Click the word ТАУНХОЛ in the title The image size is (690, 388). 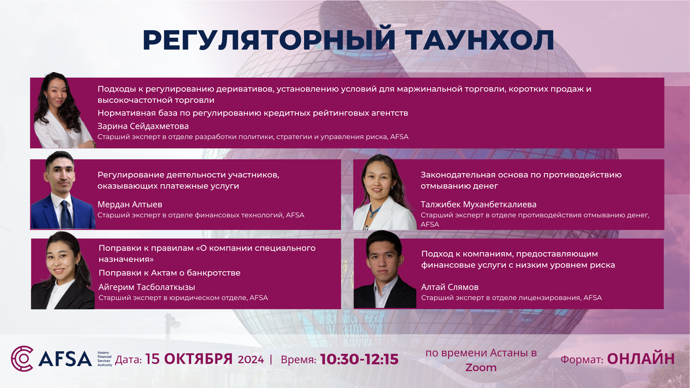480,40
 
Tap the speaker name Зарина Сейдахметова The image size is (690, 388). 143,126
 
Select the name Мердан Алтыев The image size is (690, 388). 130,204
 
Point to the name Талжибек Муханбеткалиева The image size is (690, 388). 478,204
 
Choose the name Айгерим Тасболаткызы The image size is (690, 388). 147,287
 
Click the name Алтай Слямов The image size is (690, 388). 450,287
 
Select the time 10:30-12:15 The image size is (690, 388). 359,359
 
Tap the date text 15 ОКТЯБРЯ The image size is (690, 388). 189,359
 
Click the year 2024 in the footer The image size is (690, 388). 251,360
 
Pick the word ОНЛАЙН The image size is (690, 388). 641,359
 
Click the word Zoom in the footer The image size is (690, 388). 481,368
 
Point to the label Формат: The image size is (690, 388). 582,360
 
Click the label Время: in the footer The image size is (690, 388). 298,360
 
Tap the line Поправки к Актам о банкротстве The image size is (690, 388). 170,273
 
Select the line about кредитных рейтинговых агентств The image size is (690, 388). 253,113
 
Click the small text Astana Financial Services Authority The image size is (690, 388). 105,359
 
